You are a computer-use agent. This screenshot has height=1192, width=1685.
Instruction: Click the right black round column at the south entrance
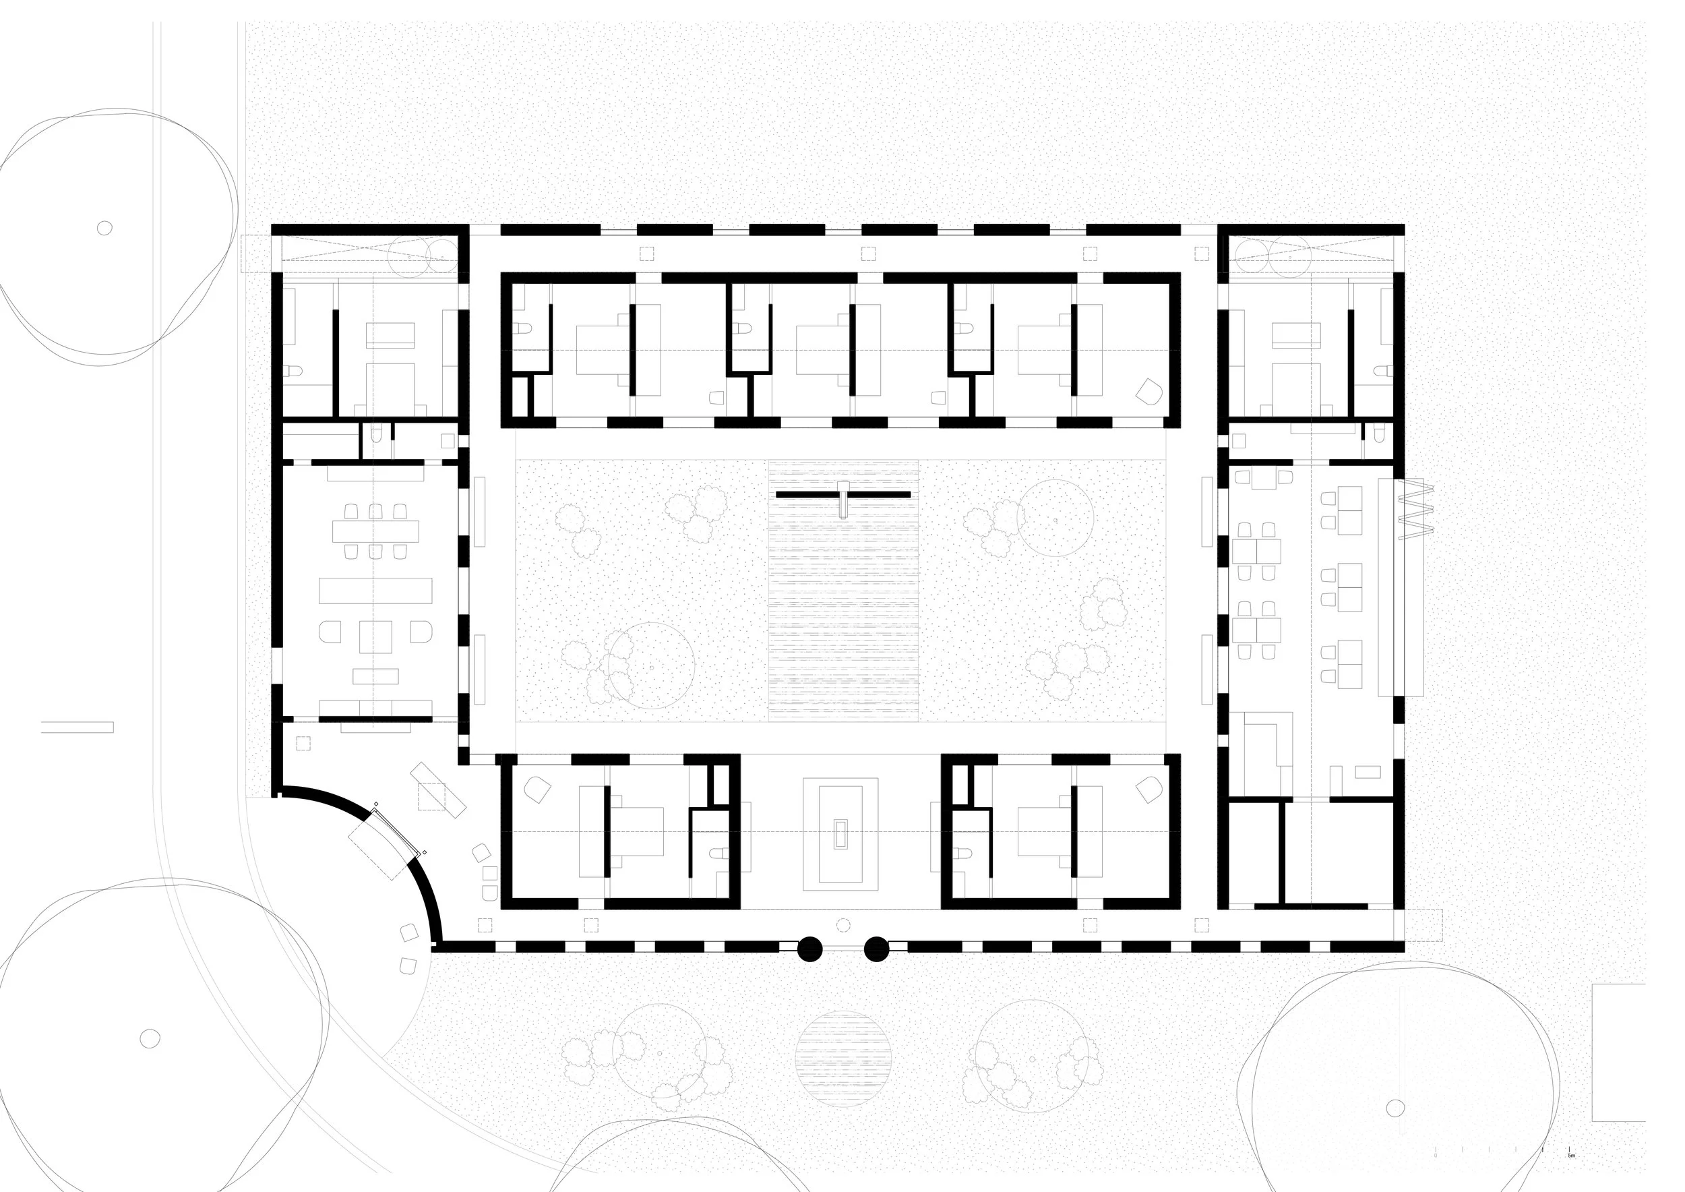coord(876,949)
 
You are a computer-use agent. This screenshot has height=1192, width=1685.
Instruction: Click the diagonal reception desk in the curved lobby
coord(438,789)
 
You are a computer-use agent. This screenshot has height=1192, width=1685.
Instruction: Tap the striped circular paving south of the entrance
coord(843,1060)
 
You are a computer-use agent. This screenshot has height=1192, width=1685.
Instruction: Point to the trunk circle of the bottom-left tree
coord(150,1038)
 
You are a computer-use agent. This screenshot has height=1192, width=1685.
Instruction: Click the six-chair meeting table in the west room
coord(375,531)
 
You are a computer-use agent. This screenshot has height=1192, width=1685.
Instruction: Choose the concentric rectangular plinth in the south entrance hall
coord(840,834)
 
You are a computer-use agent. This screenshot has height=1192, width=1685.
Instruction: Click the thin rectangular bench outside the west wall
coord(77,727)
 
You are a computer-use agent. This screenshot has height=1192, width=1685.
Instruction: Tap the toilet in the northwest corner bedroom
coord(293,371)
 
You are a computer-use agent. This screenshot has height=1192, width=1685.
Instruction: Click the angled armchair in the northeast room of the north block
coord(1148,391)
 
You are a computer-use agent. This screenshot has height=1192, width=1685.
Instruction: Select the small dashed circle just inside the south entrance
coord(843,925)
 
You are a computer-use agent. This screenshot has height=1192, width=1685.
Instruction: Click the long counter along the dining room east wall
coord(1386,587)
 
